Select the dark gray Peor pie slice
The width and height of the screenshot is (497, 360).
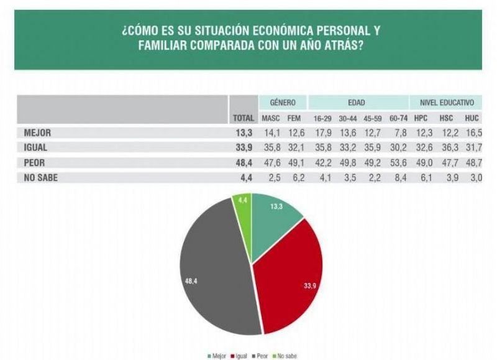211,267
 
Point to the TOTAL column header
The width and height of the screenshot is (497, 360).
243,118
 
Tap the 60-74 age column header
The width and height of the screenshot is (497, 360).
397,118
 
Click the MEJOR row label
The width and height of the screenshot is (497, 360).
37,132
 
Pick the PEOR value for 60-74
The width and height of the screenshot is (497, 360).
397,164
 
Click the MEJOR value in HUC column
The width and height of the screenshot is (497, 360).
473,132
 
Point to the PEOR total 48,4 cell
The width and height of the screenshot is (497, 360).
244,164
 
